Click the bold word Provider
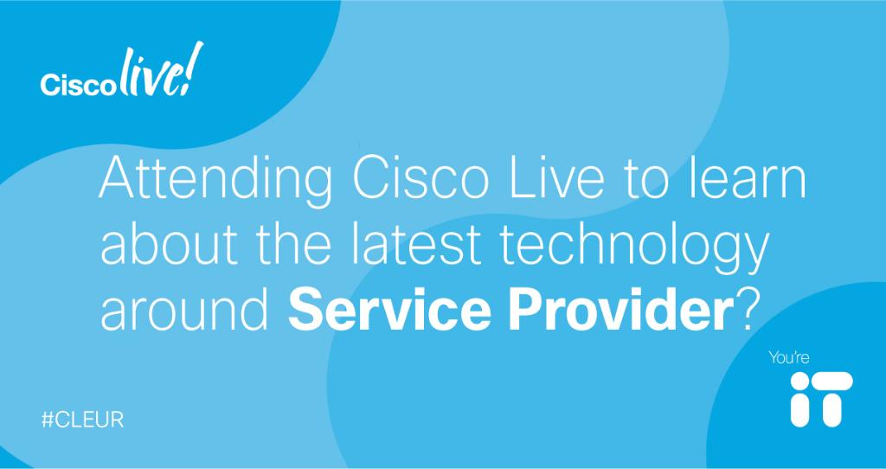pos(610,311)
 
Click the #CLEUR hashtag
pos(84,420)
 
